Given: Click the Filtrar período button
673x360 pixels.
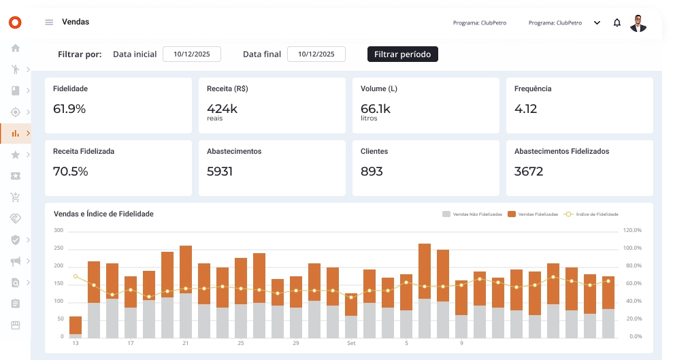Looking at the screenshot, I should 402,54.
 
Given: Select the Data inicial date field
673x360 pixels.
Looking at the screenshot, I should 191,54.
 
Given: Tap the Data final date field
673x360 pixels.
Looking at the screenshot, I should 316,54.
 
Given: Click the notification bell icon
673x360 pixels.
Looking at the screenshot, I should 617,22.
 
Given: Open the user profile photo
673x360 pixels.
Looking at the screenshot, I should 638,23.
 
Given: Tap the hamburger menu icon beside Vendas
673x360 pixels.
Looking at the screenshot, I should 49,22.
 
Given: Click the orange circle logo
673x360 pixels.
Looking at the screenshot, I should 15,22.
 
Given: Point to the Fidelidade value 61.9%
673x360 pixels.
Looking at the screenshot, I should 69,108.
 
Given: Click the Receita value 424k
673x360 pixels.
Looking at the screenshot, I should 222,108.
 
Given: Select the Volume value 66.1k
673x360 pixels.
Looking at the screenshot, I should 375,108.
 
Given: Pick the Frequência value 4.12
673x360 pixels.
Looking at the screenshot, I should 526,108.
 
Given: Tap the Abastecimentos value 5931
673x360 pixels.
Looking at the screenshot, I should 220,171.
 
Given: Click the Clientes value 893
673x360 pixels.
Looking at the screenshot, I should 372,171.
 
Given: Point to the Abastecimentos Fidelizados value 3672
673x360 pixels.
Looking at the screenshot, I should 529,171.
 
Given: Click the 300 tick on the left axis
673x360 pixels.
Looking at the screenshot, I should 59,231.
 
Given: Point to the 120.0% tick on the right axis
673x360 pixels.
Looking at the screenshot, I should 632,231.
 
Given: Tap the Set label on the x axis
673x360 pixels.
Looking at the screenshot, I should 351,343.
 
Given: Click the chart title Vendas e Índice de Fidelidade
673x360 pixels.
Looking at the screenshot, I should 103,214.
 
